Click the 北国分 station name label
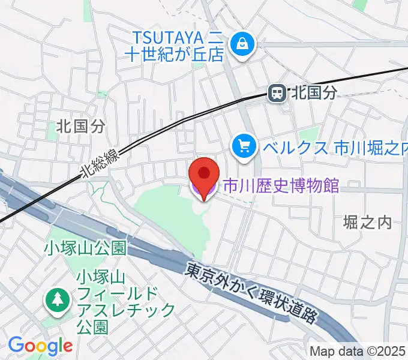click(x=314, y=93)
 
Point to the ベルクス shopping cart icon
click(x=245, y=146)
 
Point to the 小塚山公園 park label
click(x=84, y=248)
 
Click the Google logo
click(x=40, y=346)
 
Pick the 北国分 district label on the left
click(x=80, y=125)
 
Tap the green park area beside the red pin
click(x=168, y=210)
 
